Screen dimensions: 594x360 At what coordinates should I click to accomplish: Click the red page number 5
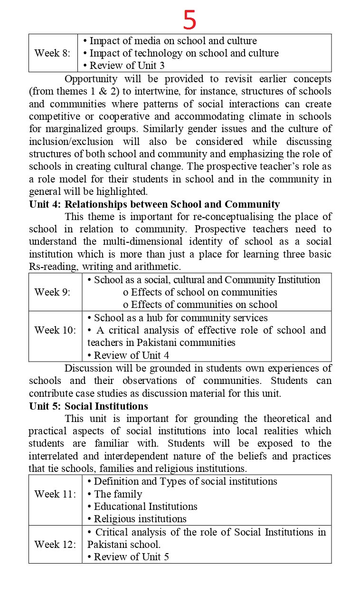pyautogui.click(x=189, y=20)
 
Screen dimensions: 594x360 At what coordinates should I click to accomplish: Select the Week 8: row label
pyautogui.click(x=52, y=53)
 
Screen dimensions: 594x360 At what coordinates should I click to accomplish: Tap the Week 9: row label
pyautogui.click(x=52, y=292)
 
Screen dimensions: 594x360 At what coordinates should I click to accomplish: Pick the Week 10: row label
pyautogui.click(x=55, y=330)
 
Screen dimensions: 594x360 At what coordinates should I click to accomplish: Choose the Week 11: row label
pyautogui.click(x=55, y=494)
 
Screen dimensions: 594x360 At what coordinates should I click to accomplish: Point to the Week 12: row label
pyautogui.click(x=55, y=544)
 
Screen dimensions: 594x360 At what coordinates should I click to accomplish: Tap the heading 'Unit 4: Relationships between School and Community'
pyautogui.click(x=154, y=204)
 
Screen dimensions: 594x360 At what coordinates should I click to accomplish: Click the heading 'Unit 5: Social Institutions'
pyautogui.click(x=88, y=406)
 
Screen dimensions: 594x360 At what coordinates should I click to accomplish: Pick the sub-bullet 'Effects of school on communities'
pyautogui.click(x=200, y=292)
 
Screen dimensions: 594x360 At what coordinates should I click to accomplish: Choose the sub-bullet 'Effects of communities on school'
pyautogui.click(x=200, y=304)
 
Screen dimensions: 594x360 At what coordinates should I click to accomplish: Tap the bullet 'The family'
pyautogui.click(x=118, y=494)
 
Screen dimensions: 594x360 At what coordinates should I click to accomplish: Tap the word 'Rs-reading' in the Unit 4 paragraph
pyautogui.click(x=52, y=267)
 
